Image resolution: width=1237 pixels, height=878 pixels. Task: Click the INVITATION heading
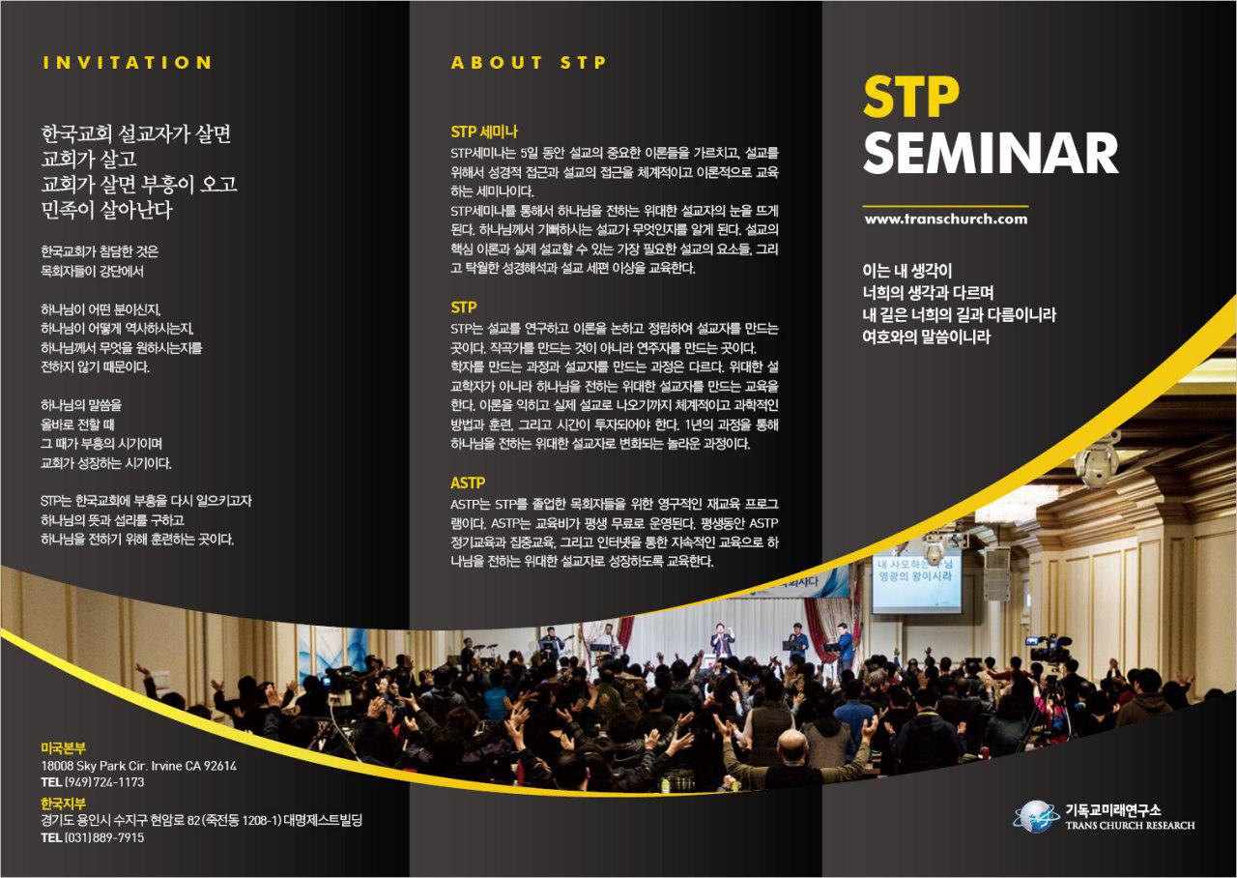pyautogui.click(x=127, y=63)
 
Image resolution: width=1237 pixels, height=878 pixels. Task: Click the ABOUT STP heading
pyautogui.click(x=529, y=63)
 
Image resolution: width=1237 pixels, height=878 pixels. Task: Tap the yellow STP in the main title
pyautogui.click(x=910, y=97)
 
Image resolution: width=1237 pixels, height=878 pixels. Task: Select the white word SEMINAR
pyautogui.click(x=991, y=153)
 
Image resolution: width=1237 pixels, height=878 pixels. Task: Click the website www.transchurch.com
pyautogui.click(x=946, y=219)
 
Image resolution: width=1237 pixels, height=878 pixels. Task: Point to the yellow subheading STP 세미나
pyautogui.click(x=484, y=132)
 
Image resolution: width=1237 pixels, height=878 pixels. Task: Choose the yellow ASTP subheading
pyautogui.click(x=467, y=483)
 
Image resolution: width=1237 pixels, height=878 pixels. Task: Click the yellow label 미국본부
pyautogui.click(x=64, y=748)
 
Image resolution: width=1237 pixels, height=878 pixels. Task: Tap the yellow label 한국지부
pyautogui.click(x=64, y=803)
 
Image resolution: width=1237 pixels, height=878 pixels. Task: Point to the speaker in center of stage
pyautogui.click(x=722, y=640)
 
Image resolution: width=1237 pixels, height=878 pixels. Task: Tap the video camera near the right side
pyautogui.click(x=1047, y=649)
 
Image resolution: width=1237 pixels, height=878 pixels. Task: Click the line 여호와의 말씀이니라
pyautogui.click(x=926, y=337)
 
